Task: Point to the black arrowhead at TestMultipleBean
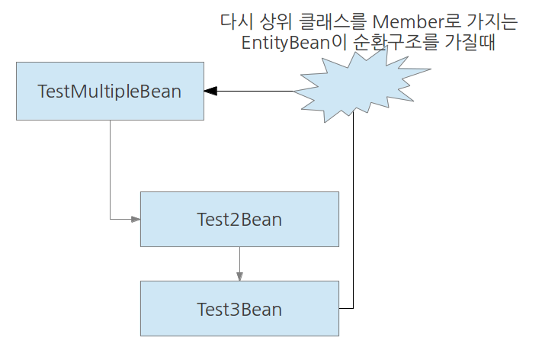pos(211,91)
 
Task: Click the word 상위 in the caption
pos(271,23)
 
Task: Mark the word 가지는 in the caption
pos(493,23)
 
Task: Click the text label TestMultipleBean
pos(110,92)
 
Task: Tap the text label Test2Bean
pos(239,220)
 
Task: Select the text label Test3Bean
pos(239,310)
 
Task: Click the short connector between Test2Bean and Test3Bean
pos(239,261)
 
